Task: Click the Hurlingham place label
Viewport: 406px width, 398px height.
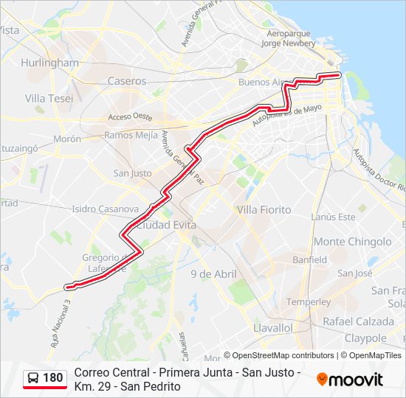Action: [x=50, y=63]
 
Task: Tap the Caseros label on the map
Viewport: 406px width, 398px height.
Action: [x=127, y=81]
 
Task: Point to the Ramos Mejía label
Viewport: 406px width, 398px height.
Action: [x=131, y=135]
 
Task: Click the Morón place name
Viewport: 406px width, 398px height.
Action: [x=66, y=139]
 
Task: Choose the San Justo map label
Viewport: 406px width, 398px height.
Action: [x=132, y=174]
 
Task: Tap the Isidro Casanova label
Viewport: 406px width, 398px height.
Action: [x=106, y=209]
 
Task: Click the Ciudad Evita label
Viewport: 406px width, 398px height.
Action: [x=166, y=224]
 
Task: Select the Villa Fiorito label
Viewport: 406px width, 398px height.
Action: [x=264, y=210]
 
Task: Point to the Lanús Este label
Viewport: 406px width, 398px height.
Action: [x=333, y=217]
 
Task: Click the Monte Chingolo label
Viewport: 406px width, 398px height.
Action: [x=353, y=242]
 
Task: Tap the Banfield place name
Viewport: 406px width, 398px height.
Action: [x=309, y=260]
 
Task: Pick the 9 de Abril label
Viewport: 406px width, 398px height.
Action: [x=213, y=274]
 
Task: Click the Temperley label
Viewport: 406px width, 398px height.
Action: [x=308, y=302]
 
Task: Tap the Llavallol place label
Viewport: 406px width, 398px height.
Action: [x=272, y=327]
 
